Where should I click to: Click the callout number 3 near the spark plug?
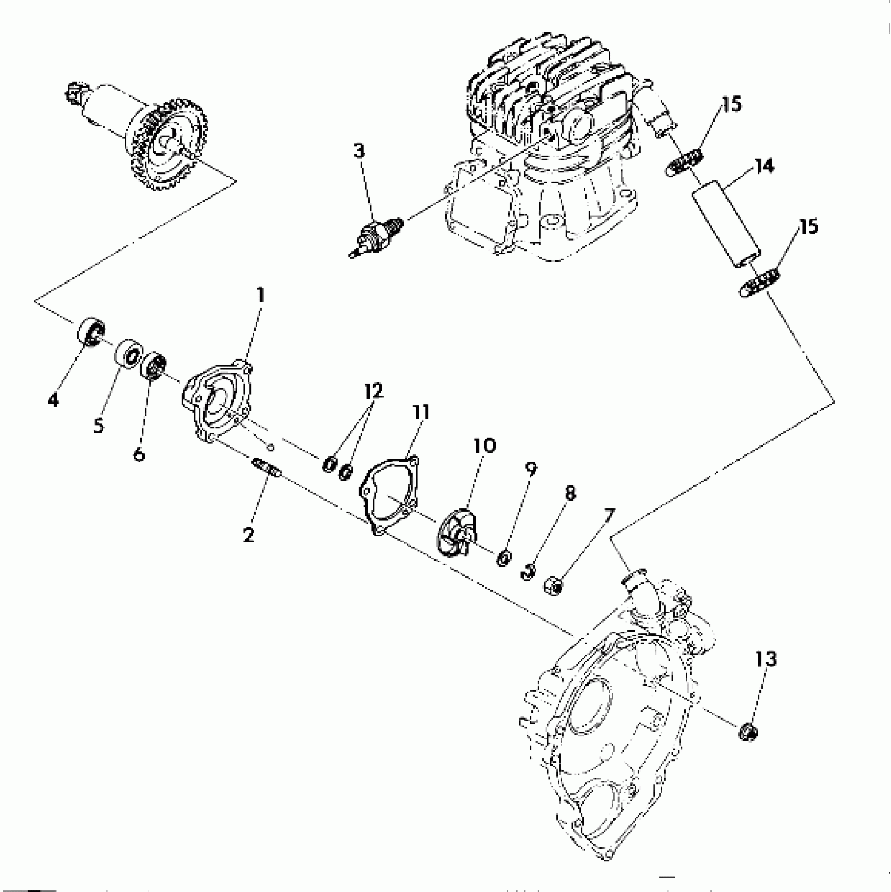(x=358, y=151)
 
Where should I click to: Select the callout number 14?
(x=764, y=167)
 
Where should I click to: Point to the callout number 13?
(x=766, y=659)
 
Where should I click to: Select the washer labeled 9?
(x=504, y=558)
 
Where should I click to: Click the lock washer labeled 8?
(x=529, y=571)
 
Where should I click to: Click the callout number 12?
(x=374, y=391)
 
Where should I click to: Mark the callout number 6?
(x=138, y=454)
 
